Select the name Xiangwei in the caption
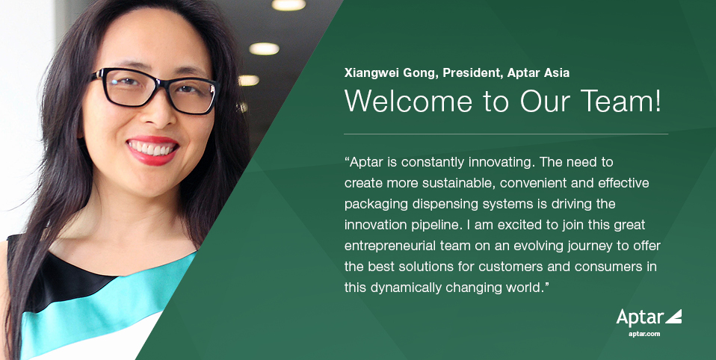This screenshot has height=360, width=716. click(372, 72)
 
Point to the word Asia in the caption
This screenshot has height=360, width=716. click(555, 72)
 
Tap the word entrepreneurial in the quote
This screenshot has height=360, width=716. click(391, 245)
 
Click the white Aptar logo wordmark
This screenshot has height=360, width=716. click(640, 317)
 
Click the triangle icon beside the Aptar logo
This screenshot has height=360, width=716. click(673, 316)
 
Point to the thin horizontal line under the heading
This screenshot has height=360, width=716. click(505, 134)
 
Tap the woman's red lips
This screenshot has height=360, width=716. click(152, 149)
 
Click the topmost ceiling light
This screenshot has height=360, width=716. click(288, 5)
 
